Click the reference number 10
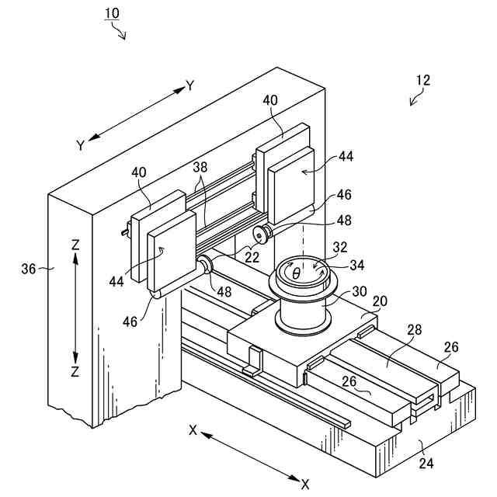click(x=113, y=14)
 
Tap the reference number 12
click(x=422, y=80)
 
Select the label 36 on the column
click(x=29, y=269)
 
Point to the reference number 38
click(x=201, y=167)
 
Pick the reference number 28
click(x=415, y=331)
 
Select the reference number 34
click(x=356, y=265)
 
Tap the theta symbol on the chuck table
click(x=296, y=273)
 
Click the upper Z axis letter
click(x=75, y=244)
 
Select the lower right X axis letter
click(x=305, y=484)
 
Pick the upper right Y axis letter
click(x=189, y=85)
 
